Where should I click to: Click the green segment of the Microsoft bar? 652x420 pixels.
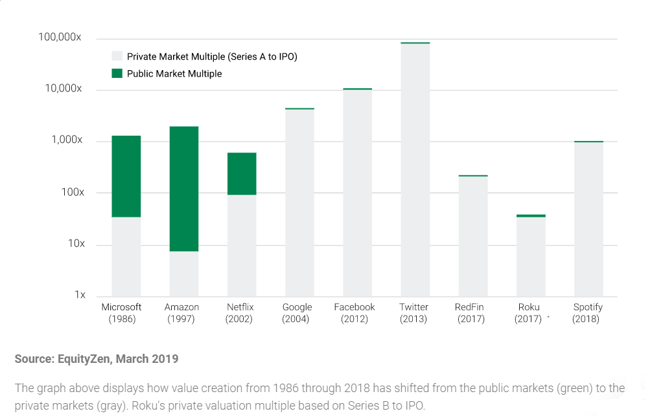pos(126,176)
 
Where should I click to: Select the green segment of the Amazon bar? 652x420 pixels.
pos(184,188)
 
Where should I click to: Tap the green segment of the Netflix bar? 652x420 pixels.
pos(242,173)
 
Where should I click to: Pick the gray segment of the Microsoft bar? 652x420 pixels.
pos(126,256)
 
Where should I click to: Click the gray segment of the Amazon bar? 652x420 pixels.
pos(184,273)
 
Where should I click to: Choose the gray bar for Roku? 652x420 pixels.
pos(531,256)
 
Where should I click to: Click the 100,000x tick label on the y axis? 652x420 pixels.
pos(60,38)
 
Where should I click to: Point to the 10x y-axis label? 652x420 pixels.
pos(76,244)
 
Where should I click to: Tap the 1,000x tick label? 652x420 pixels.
pos(67,140)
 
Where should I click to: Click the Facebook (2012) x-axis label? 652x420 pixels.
pos(355,313)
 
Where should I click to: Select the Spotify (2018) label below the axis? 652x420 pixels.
pos(588,313)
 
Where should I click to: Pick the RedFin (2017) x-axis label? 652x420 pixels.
pos(471,313)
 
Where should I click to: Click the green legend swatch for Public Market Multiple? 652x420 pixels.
pos(117,73)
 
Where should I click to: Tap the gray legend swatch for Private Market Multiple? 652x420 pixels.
pos(117,56)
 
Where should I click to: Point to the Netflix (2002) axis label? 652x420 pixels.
pos(240,313)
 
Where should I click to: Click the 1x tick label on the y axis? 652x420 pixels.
pos(80,295)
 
